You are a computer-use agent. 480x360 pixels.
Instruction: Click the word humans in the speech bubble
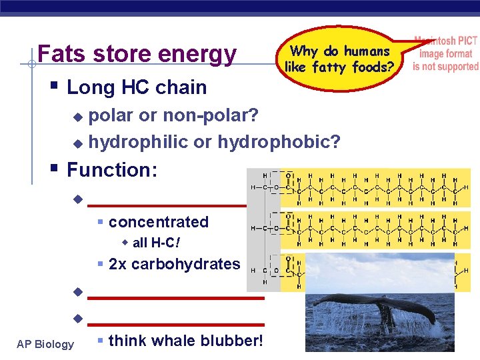point(366,51)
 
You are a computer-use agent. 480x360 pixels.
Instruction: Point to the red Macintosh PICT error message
point(445,53)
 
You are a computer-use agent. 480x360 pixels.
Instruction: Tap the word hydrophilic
point(139,142)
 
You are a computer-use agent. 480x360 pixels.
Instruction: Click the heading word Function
point(112,170)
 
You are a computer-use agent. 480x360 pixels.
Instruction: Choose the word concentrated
point(159,222)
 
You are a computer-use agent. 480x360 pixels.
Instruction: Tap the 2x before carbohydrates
point(117,264)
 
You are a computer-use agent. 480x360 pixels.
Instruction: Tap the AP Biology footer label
point(45,344)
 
